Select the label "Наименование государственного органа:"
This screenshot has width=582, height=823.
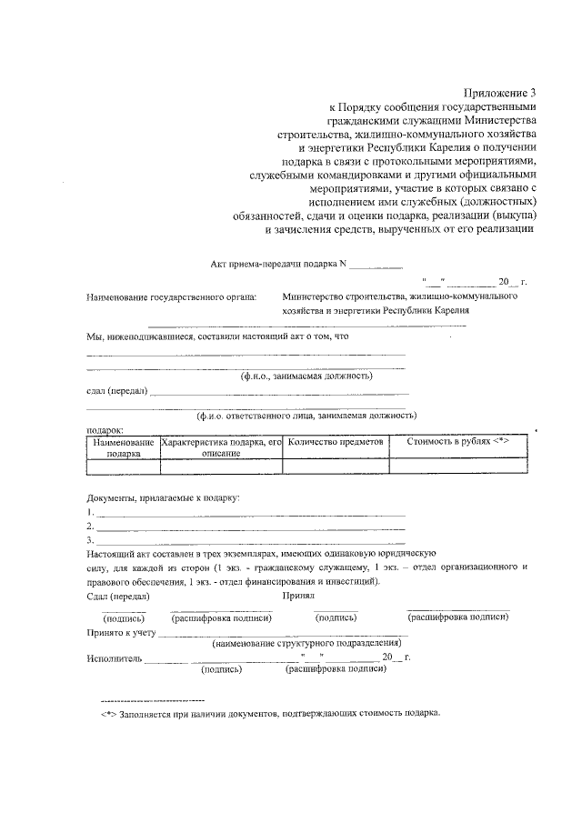tap(171, 296)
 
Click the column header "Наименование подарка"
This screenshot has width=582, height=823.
tap(123, 447)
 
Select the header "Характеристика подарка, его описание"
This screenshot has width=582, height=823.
tap(220, 447)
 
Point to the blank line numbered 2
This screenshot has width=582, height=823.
tap(250, 527)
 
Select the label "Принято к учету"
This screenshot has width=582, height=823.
tap(122, 630)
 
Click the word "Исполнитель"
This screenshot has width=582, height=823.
tap(114, 657)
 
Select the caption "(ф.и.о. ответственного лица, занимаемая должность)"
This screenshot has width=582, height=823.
tap(307, 415)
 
